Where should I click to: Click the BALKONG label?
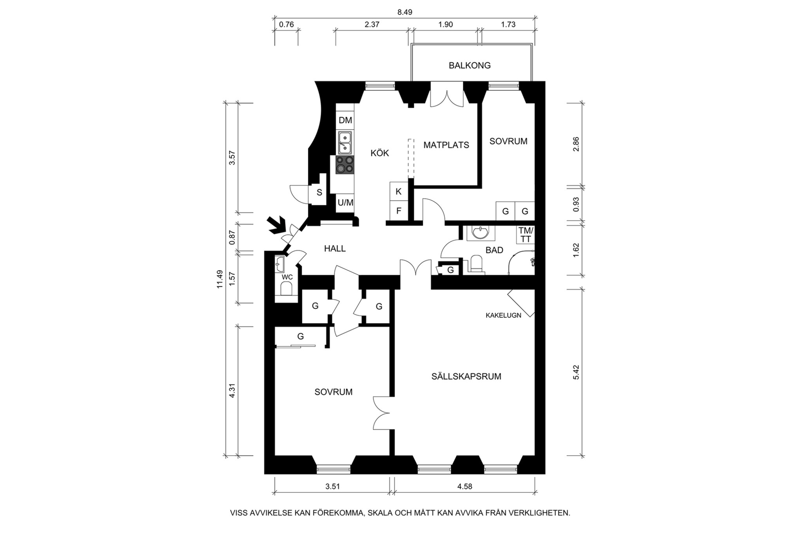[469, 65]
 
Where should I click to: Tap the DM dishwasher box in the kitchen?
[345, 120]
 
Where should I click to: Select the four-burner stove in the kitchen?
[345, 165]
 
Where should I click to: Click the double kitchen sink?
[345, 143]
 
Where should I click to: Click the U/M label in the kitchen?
[345, 203]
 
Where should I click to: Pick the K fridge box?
[399, 191]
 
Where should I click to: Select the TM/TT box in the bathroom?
[525, 235]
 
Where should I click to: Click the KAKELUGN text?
[503, 315]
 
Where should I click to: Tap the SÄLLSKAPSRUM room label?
[466, 377]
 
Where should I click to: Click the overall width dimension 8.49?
[405, 12]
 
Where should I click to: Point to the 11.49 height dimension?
[220, 279]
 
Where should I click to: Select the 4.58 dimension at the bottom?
[464, 487]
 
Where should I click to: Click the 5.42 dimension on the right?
[576, 372]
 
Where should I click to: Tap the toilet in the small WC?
[287, 289]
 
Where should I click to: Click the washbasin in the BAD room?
[480, 233]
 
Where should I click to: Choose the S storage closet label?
[319, 192]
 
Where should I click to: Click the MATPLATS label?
[446, 145]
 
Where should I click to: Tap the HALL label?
[335, 248]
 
